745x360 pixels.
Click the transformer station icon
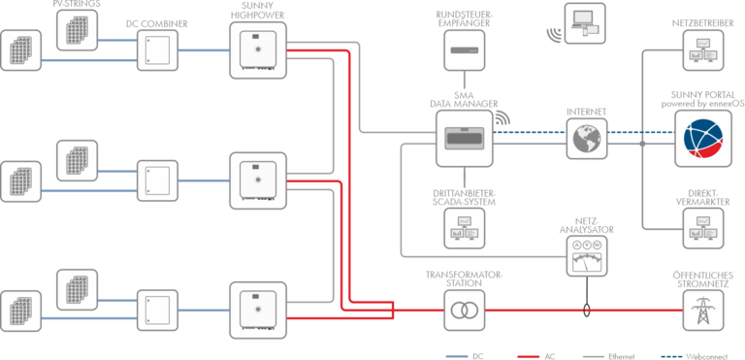(x=465, y=311)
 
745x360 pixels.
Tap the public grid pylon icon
(x=703, y=311)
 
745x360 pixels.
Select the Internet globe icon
(x=587, y=139)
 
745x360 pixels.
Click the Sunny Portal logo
(x=703, y=139)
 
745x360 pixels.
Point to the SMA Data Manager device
(x=465, y=139)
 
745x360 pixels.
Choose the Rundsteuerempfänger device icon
(x=465, y=49)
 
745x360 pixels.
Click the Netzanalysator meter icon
(x=587, y=256)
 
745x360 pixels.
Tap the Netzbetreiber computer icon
(x=703, y=49)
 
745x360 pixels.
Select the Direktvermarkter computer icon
(x=703, y=228)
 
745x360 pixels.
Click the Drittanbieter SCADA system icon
(x=465, y=228)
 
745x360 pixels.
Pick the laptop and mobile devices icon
(x=585, y=23)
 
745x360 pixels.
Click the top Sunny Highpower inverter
(x=258, y=49)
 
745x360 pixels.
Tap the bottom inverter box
(x=258, y=311)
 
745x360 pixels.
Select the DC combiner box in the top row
(x=157, y=50)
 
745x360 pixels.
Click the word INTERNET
(x=587, y=113)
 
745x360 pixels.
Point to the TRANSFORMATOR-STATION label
(x=465, y=278)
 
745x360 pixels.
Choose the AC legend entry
(x=535, y=356)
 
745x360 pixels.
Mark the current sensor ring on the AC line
(x=587, y=311)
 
